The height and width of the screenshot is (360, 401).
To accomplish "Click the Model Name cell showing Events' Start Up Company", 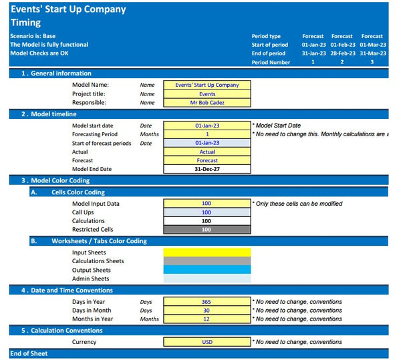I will (207, 85).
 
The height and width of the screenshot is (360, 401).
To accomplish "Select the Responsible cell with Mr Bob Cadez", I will (207, 102).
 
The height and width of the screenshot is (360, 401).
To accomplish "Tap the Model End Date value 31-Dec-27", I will (207, 169).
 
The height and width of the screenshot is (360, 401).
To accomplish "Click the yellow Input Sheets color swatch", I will (207, 252).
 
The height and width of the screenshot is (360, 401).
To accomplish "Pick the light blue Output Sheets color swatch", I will (207, 270).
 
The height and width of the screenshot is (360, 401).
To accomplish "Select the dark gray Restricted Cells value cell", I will (207, 229).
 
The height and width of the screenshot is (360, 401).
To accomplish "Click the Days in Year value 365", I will (207, 302).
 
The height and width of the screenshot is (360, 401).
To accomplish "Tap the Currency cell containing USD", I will (207, 342).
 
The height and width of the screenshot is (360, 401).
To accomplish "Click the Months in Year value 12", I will (207, 319).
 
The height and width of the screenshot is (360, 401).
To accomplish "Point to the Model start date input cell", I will (207, 125).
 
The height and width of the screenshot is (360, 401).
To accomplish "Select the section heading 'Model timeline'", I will (53, 114).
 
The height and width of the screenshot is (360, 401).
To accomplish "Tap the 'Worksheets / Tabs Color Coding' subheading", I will (99, 241).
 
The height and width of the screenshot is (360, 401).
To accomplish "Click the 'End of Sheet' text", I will (29, 353).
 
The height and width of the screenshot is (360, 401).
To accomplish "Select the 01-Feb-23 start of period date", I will (342, 45).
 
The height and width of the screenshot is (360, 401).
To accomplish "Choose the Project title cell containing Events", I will (207, 94).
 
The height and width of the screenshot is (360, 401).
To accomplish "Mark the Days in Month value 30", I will (207, 311).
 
